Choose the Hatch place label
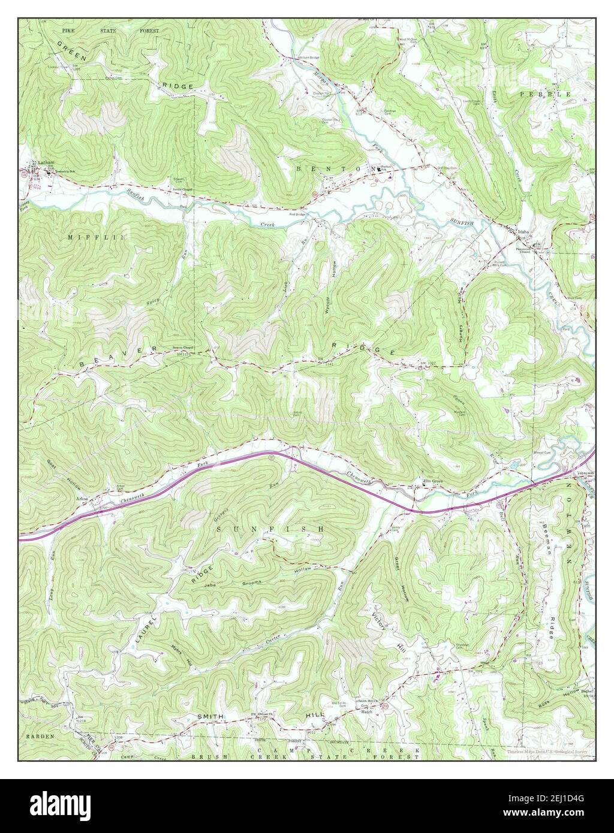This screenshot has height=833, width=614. click(367, 712)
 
